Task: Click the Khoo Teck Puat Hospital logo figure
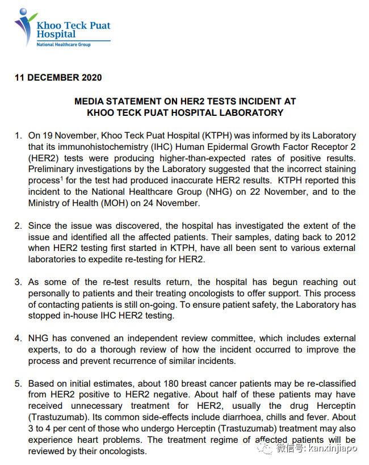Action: click(24, 26)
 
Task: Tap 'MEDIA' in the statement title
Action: click(90, 101)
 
